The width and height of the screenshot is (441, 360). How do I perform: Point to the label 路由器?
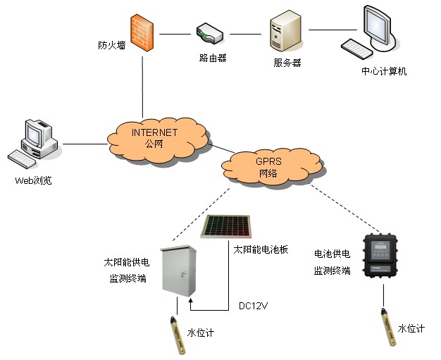pyautogui.click(x=213, y=58)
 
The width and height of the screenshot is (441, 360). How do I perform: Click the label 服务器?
pyautogui.click(x=287, y=63)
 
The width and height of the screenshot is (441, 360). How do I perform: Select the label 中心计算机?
pyautogui.click(x=384, y=71)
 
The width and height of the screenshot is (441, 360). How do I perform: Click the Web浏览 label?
pyautogui.click(x=33, y=180)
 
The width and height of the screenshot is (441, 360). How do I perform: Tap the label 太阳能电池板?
pyautogui.click(x=261, y=249)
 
